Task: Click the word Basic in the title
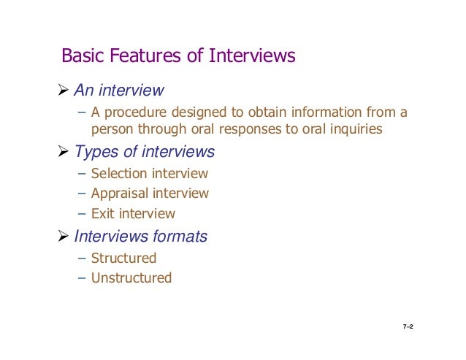[80, 56]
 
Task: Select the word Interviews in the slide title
[253, 56]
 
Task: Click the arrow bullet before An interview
[64, 91]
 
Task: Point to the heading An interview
[118, 91]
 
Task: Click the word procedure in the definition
[134, 113]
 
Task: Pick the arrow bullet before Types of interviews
[64, 153]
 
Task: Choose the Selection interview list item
[149, 174]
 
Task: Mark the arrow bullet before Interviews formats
[64, 237]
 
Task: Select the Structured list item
[123, 258]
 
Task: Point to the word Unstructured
[131, 278]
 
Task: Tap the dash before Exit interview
[82, 215]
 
